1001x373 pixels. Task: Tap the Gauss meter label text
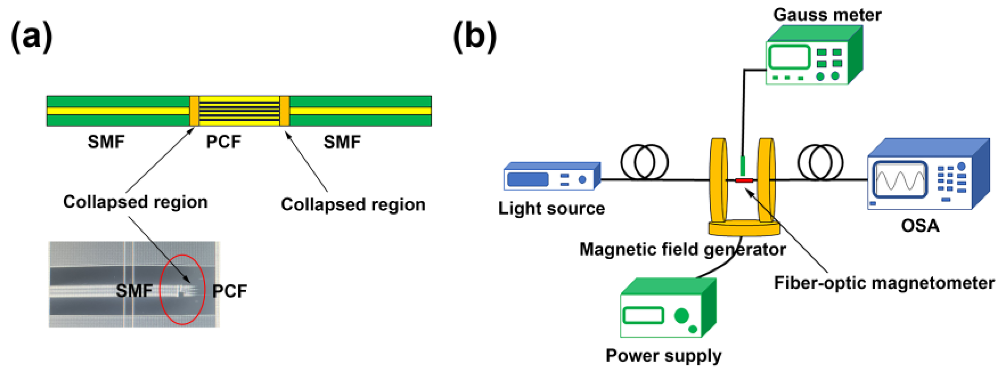pos(827,15)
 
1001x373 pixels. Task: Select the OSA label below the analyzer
pos(920,226)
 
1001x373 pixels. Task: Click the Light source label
pos(552,208)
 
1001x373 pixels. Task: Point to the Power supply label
pos(663,356)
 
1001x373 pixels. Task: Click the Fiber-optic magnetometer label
pos(884,283)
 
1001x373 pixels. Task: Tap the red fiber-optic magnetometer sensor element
pos(744,180)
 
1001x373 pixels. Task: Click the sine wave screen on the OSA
pos(900,180)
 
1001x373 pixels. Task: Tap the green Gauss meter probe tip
pos(743,165)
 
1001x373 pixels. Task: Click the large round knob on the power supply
pos(682,315)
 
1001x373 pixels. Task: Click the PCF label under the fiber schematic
pos(223,142)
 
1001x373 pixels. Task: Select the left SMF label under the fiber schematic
pos(106,142)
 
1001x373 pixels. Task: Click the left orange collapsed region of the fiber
pos(194,111)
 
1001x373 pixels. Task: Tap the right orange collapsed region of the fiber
pos(284,111)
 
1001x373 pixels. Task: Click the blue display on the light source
pos(528,180)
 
